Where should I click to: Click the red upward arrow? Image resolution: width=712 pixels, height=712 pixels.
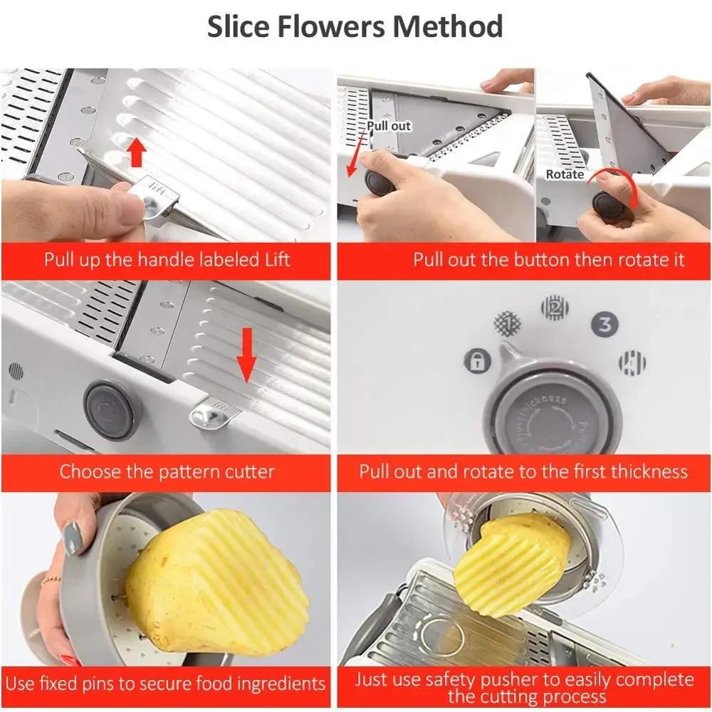pyautogui.click(x=137, y=152)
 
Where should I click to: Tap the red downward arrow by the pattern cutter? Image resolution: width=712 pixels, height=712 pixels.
pyautogui.click(x=246, y=352)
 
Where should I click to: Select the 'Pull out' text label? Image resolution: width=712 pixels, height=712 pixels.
pyautogui.click(x=389, y=126)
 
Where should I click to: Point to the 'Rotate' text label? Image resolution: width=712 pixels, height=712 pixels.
pyautogui.click(x=565, y=174)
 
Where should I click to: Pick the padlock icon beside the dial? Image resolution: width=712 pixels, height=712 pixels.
pyautogui.click(x=477, y=361)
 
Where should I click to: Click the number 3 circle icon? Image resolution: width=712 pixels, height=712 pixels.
pyautogui.click(x=604, y=325)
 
